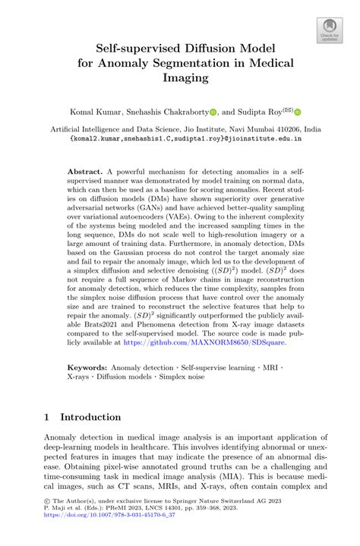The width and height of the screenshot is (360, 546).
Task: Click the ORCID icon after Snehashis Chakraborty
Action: [x=214, y=112]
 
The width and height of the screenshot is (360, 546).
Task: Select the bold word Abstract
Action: [x=85, y=172]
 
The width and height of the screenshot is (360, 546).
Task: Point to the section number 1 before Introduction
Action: [x=47, y=417]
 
